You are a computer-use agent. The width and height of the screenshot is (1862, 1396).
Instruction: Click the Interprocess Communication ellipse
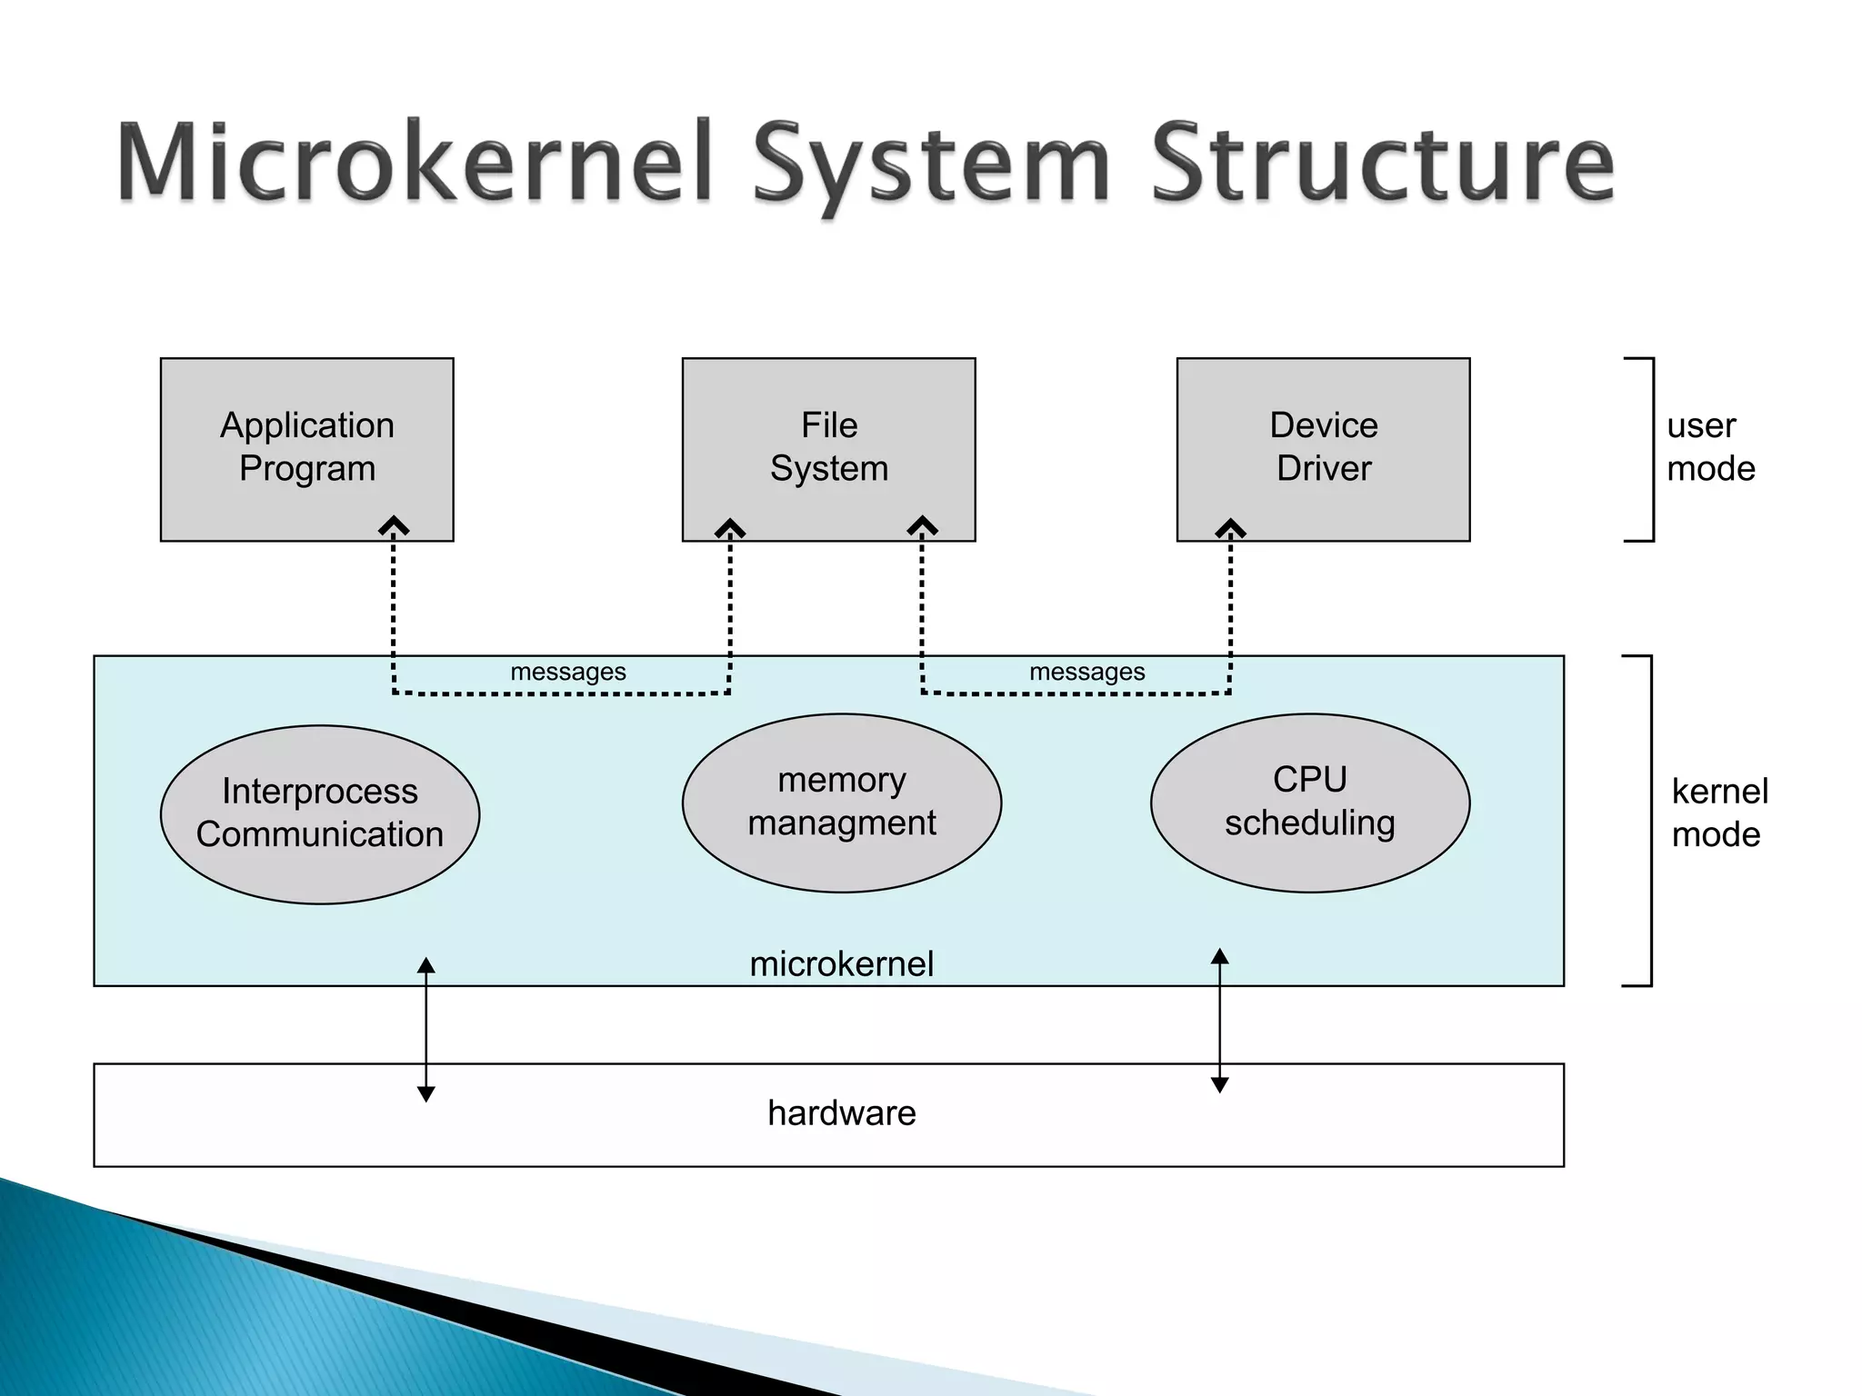319,813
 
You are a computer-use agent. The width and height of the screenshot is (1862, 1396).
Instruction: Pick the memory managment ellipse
841,803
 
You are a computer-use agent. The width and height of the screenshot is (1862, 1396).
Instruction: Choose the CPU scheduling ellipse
1309,803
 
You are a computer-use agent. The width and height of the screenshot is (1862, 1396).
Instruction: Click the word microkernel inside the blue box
841,963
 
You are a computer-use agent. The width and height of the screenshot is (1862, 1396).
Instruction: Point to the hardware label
841,1113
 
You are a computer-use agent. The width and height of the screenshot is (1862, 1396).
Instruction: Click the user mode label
1709,447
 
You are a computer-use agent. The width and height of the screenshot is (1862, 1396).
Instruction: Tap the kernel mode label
1718,813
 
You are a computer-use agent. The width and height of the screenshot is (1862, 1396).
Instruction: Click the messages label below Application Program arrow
568,672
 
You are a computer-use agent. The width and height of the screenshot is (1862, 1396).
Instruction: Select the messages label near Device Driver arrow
1086,672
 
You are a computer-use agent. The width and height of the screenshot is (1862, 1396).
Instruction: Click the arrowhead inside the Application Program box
394,526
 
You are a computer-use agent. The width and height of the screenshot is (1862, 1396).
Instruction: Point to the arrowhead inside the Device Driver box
1230,528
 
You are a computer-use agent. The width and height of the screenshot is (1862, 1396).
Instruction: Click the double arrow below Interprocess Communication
425,1029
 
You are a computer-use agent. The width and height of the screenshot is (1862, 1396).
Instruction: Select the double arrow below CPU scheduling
1220,1020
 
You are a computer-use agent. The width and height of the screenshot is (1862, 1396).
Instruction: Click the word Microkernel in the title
414,164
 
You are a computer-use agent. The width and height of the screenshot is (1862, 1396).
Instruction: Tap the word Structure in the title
1382,164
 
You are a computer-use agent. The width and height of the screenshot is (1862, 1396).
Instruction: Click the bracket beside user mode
1650,450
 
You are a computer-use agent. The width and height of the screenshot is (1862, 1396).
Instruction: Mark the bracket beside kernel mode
1648,820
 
